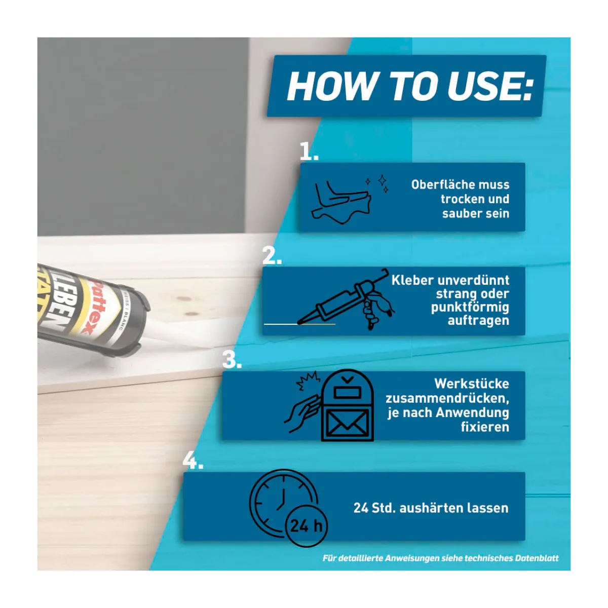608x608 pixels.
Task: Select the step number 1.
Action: (309, 151)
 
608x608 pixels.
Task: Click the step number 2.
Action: (272, 255)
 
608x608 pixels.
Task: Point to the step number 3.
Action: (232, 359)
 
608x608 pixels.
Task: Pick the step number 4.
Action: (193, 460)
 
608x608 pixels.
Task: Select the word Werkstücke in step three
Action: (472, 384)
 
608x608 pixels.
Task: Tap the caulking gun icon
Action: (346, 299)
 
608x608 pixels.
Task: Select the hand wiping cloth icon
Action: (341, 202)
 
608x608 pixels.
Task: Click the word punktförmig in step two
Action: (470, 308)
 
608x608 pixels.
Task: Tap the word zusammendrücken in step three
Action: (447, 398)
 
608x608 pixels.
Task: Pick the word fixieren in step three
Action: (485, 427)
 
